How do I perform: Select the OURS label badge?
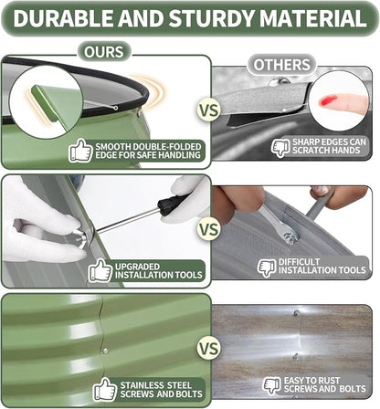coord(104,52)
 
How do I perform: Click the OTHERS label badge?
coord(281,65)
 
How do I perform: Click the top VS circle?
coord(209,110)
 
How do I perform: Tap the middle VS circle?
coord(209,229)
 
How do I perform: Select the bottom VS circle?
coord(209,349)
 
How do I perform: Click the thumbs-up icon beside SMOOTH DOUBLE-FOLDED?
coord(80,151)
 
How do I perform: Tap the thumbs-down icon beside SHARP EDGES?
coord(280,147)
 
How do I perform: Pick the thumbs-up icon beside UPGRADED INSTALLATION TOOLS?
coord(100,270)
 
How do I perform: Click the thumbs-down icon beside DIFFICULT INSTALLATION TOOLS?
coord(267,267)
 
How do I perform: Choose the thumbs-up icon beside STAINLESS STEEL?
coord(105,389)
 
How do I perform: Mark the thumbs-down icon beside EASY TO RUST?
coord(272,386)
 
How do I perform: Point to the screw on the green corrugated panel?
coord(105,351)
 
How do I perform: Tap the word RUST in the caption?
coord(327,381)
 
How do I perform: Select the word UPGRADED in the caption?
coord(138,267)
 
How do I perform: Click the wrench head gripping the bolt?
coord(288,236)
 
